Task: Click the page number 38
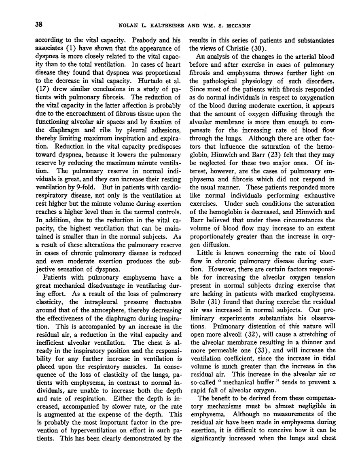coord(39,24)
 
